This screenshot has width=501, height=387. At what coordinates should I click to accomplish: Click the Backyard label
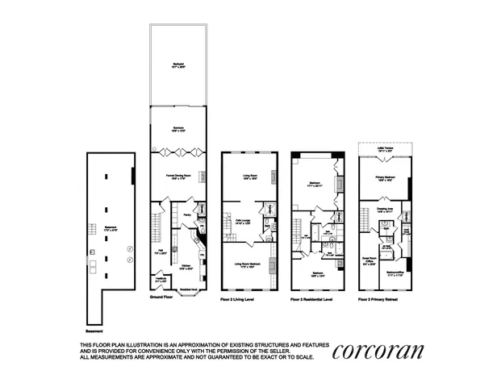point(177,64)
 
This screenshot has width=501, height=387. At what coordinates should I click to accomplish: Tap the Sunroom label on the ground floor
point(177,128)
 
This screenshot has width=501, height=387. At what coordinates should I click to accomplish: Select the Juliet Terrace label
point(383,149)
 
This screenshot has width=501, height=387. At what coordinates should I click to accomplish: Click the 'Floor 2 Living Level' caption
point(238,298)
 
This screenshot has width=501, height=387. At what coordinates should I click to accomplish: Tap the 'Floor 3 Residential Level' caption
point(311,298)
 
